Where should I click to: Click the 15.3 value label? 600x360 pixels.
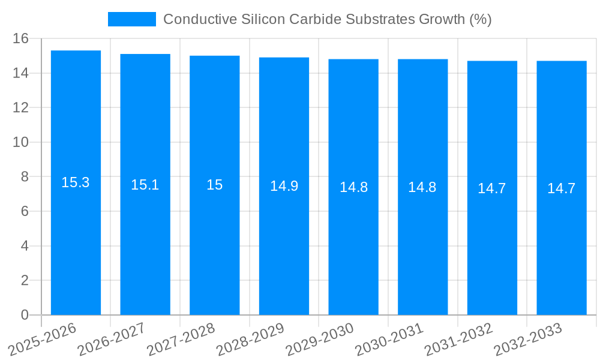76,183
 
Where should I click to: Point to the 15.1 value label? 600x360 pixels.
145,185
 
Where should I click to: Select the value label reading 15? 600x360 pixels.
215,185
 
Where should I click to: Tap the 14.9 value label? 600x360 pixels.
284,186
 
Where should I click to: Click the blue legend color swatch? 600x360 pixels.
131,19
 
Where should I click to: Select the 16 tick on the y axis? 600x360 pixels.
21,39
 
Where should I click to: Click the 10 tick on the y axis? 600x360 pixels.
21,142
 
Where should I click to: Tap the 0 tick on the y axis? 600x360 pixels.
25,315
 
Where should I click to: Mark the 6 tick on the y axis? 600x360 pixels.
25,211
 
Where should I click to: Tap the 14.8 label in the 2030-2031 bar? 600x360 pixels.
422,187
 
